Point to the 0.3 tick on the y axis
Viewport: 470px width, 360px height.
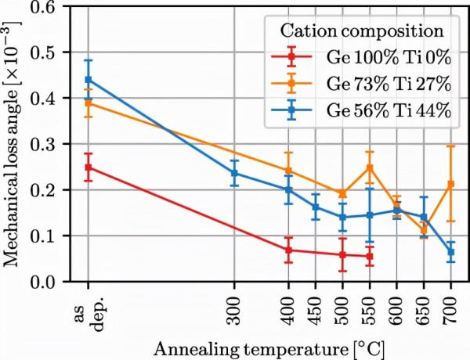[x=52, y=145]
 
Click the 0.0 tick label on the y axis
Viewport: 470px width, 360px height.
[x=52, y=282]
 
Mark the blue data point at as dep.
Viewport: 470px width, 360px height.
[x=88, y=80]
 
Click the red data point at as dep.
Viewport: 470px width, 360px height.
[x=88, y=167]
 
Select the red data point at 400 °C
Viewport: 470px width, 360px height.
[x=288, y=250]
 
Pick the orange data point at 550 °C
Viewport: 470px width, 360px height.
[x=370, y=167]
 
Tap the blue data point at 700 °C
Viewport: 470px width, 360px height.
[x=450, y=252]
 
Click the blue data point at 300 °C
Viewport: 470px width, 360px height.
[x=234, y=173]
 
